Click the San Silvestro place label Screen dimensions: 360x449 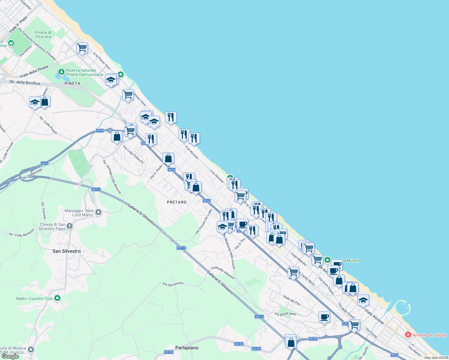pos(66,251)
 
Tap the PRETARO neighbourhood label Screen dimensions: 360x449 pos(176,202)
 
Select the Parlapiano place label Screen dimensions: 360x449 pos(187,348)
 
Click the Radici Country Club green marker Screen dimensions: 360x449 pos(57,298)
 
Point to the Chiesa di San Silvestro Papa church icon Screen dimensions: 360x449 pos(70,226)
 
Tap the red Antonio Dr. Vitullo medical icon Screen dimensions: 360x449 pos(408,335)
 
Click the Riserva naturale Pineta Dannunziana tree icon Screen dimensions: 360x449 pos(61,72)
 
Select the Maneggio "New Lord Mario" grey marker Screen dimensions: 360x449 pos(98,212)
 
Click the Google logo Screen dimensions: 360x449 pos(10,356)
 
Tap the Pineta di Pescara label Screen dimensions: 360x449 pos(43,34)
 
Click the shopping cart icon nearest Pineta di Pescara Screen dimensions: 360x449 pos(82,48)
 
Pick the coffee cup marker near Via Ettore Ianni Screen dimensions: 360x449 pos(324,317)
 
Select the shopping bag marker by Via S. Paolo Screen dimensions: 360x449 pos(168,158)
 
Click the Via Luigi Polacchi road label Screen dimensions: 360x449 pos(133,154)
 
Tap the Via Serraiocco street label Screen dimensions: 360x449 pos(173,283)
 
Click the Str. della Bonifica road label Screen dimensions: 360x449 pos(25,82)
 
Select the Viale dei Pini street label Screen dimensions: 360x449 pos(292,300)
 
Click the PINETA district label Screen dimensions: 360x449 pos(72,83)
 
